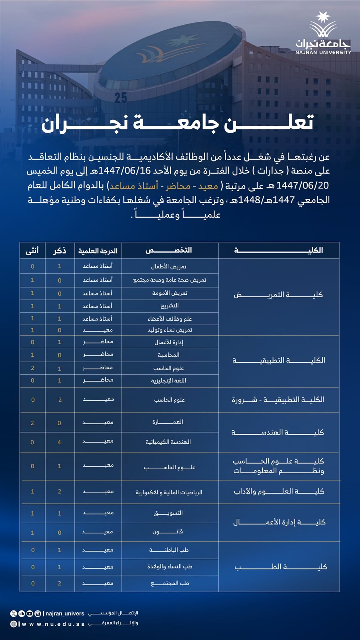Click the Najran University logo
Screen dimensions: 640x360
tap(323, 33)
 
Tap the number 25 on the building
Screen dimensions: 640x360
tap(121, 97)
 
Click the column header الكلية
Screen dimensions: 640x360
tap(279, 250)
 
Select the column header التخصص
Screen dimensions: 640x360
tap(169, 250)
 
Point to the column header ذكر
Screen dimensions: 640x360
tap(59, 251)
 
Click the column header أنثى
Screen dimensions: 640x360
tap(32, 251)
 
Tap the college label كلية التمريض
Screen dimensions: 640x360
tap(278, 295)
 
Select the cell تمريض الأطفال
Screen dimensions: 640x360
tap(169, 266)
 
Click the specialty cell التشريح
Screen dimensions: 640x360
tap(169, 306)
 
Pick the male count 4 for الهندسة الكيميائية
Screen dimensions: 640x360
tap(59, 442)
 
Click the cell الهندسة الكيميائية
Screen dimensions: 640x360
tap(168, 442)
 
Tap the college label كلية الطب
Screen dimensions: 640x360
tap(281, 566)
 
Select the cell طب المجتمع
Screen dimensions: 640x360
tap(170, 583)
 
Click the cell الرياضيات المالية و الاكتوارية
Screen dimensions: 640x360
tap(169, 492)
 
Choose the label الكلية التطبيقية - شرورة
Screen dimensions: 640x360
tap(278, 400)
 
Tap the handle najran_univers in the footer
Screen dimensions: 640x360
tap(65, 613)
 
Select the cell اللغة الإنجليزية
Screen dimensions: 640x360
tap(169, 380)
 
